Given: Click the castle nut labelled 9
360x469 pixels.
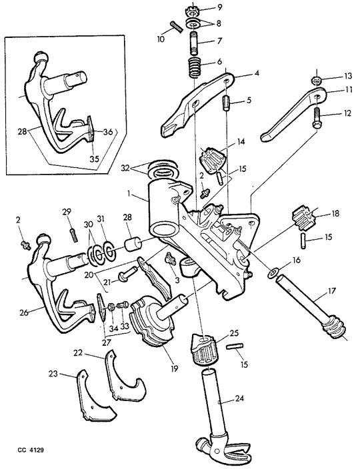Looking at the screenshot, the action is coord(193,13).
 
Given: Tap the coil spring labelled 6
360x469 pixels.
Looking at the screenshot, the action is coord(195,67).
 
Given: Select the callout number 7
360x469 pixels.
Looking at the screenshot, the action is coord(220,40).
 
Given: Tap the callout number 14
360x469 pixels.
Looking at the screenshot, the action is coord(241,141).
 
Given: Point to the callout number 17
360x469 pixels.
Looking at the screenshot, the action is coord(331,290).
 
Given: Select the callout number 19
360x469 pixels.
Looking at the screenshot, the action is coord(174,368).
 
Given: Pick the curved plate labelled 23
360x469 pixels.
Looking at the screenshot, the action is coord(97,394).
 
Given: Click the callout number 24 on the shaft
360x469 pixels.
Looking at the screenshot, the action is coord(239,398).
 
